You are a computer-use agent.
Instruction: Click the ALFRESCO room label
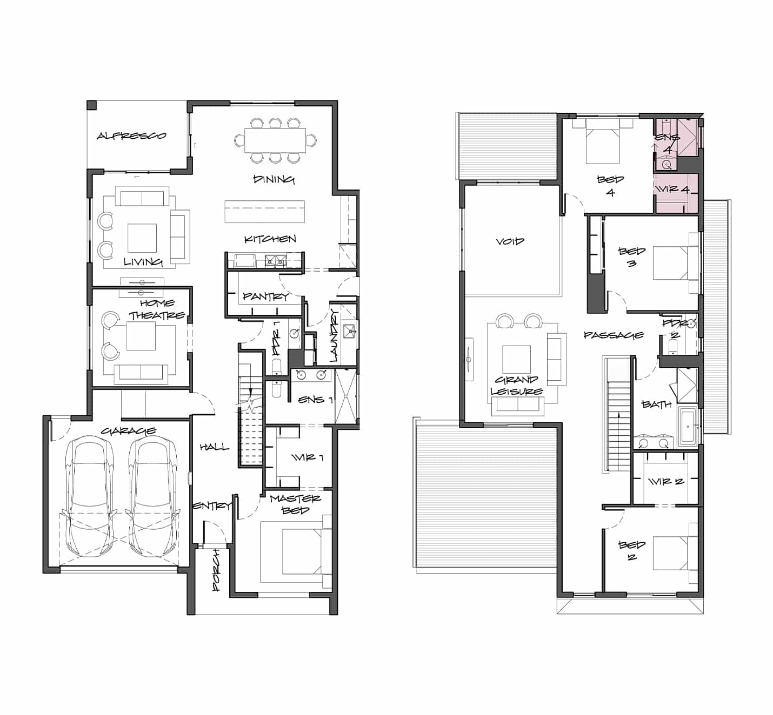point(131,136)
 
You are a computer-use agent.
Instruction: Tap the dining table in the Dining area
point(275,140)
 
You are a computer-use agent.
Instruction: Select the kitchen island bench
point(264,212)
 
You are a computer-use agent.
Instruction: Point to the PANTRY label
point(266,296)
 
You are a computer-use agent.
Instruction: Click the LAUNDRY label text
point(334,335)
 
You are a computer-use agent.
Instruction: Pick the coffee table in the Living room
point(142,238)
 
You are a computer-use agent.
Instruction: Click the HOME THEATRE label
point(157,309)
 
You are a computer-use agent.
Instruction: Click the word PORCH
point(216,570)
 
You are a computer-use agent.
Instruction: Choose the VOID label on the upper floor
point(510,241)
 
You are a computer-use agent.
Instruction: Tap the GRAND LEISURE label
point(516,386)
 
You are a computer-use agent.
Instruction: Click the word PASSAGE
point(614,335)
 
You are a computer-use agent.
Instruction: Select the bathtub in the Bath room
point(688,427)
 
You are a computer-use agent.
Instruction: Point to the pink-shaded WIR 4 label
point(673,190)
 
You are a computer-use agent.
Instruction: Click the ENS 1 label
point(315,400)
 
